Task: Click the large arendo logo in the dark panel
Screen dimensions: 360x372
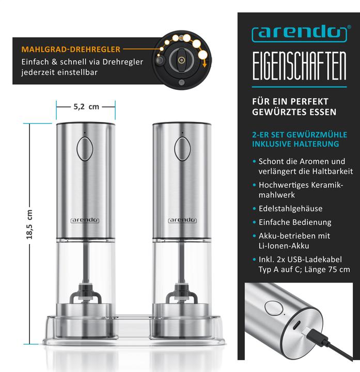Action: click(x=300, y=35)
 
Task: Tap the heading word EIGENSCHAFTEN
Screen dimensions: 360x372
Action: click(x=299, y=66)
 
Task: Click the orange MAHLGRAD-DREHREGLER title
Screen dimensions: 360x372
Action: click(x=71, y=50)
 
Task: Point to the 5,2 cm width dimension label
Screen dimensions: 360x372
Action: click(x=86, y=107)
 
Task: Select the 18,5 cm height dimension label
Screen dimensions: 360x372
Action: click(x=29, y=224)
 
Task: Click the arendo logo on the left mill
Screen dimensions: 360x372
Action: click(x=85, y=221)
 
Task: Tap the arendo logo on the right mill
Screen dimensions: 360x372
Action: click(x=182, y=221)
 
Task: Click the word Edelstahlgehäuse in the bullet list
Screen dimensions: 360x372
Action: click(x=290, y=209)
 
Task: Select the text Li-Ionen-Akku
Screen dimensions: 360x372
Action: click(x=284, y=246)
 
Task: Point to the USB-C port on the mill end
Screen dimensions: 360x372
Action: click(x=296, y=324)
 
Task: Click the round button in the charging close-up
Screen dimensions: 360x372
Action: click(x=274, y=308)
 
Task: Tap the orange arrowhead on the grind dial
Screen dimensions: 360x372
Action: click(x=205, y=65)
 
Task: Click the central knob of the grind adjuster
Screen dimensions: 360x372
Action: click(x=182, y=60)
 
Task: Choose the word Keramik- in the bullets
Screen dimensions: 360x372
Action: click(x=327, y=185)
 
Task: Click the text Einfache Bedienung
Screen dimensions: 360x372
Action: click(x=295, y=222)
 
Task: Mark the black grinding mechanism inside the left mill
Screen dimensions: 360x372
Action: click(x=85, y=293)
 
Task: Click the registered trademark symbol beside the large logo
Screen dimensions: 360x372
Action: click(x=349, y=27)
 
